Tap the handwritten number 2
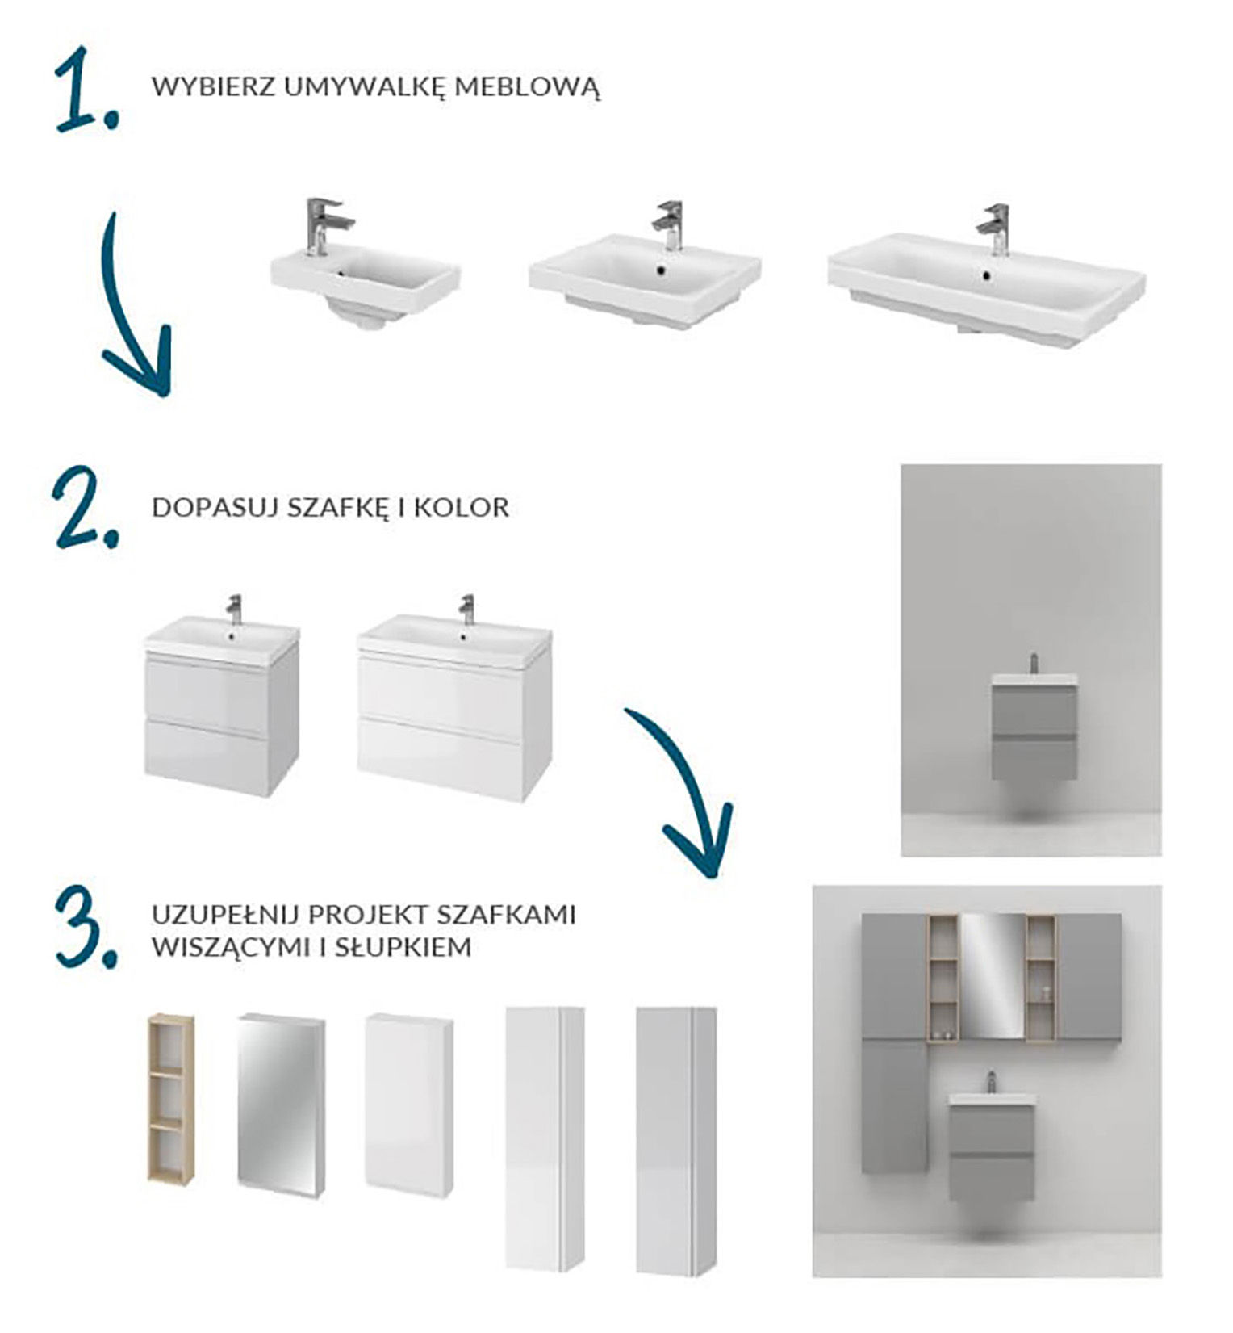pos(85,509)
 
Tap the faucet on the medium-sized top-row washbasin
pos(668,226)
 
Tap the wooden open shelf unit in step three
pos(171,1098)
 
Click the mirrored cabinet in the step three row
pos(282,1102)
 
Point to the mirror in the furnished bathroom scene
pos(992,976)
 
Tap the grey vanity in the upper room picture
pos(1034,727)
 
